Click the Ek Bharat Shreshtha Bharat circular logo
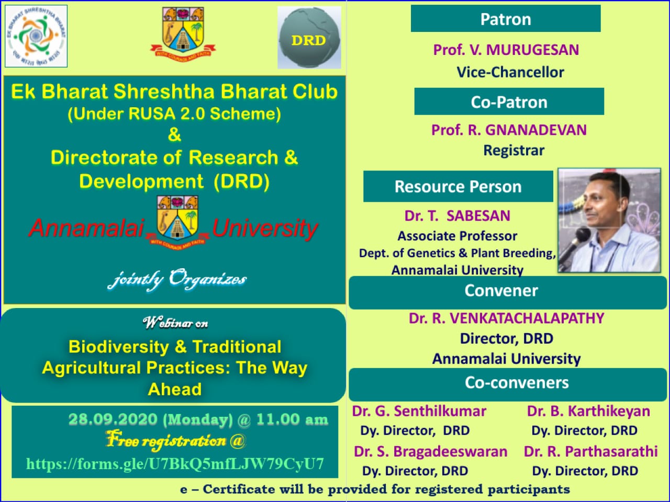(36, 36)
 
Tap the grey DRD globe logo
(309, 37)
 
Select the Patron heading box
(506, 18)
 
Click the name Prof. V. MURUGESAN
(506, 50)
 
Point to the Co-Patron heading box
(509, 101)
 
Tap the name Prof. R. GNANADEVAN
(509, 130)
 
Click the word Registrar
(514, 150)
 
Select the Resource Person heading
(458, 186)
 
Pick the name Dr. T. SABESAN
(457, 216)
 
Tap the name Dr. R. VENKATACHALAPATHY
(506, 318)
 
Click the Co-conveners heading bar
(508, 384)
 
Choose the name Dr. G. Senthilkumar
(419, 411)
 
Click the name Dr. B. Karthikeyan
(588, 411)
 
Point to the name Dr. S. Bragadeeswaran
(430, 451)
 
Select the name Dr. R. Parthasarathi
(590, 451)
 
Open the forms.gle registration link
(175, 464)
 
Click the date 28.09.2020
(113, 419)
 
